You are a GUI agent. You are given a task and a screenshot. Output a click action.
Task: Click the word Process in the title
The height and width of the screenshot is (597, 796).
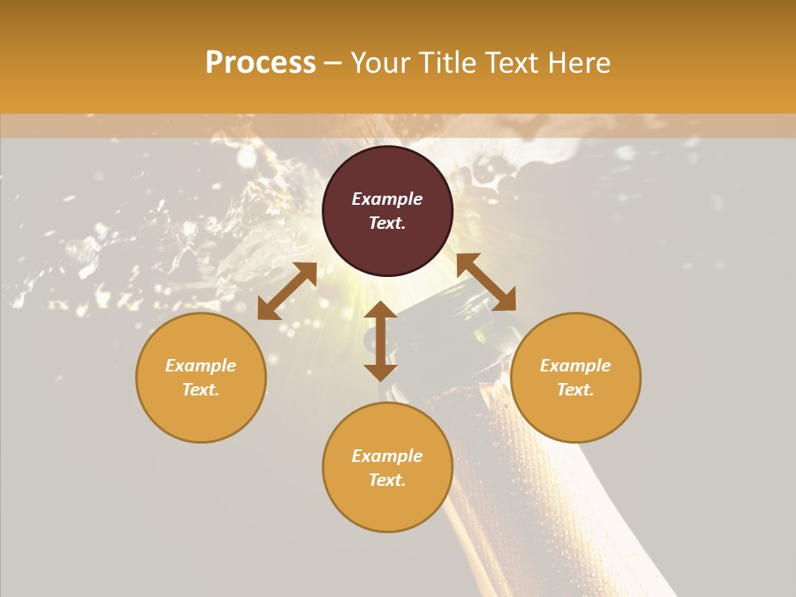tap(260, 63)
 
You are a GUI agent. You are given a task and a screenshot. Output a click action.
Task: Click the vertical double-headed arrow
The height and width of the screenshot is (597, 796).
tap(381, 341)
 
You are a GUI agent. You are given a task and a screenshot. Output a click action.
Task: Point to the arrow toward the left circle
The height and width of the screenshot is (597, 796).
tap(287, 291)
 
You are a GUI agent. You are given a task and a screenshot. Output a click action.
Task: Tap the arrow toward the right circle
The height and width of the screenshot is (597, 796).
tap(486, 282)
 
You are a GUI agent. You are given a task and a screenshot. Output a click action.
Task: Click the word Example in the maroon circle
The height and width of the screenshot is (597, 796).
tap(387, 199)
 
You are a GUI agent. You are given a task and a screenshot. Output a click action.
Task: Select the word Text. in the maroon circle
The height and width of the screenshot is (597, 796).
tap(387, 223)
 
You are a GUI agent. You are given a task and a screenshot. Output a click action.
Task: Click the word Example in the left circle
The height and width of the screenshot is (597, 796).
tap(201, 366)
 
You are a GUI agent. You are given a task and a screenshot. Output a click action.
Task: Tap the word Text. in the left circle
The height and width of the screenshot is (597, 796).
tap(201, 390)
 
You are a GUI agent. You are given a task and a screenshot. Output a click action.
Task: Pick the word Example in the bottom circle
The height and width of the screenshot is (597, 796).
tap(387, 456)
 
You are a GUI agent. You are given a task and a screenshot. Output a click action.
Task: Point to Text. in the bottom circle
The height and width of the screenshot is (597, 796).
tap(387, 480)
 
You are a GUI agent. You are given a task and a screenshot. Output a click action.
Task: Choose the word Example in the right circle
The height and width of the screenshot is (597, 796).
tap(575, 366)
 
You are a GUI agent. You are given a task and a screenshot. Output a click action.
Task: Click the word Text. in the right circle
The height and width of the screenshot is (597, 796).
tap(575, 390)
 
